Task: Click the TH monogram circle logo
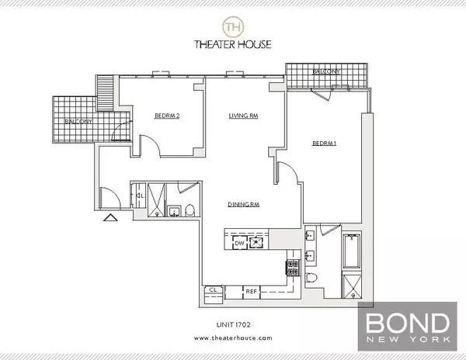point(232,27)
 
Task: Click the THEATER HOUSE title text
point(232,45)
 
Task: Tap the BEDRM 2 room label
point(167,117)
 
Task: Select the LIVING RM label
point(243,117)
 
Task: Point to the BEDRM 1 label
point(325,143)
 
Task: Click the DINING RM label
point(243,205)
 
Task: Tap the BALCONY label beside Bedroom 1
point(325,71)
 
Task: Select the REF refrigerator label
point(252,291)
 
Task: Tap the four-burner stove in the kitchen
point(294,268)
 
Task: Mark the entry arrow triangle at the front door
point(110,218)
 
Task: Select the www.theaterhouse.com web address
point(232,338)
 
